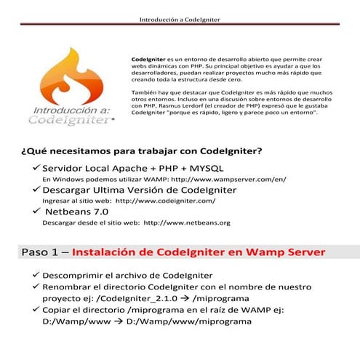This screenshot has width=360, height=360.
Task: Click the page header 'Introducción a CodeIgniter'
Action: click(x=180, y=19)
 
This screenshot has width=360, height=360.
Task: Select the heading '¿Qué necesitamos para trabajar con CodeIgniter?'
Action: click(x=142, y=151)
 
